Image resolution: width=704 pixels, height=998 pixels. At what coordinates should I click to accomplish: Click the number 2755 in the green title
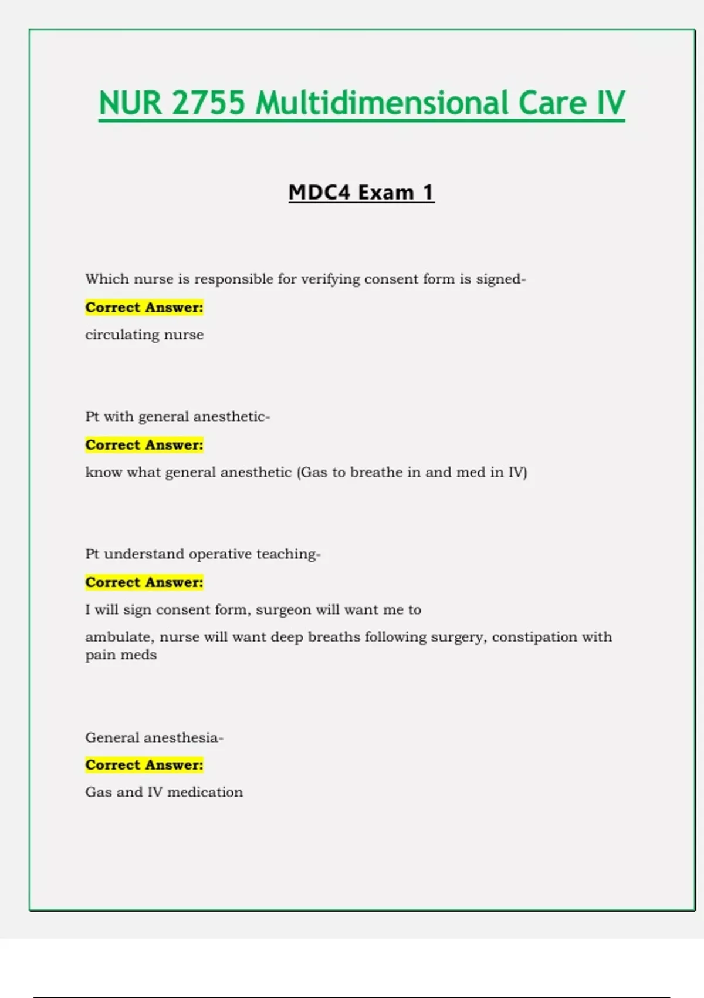(x=208, y=103)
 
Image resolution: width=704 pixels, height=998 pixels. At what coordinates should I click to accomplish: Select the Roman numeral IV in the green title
(x=611, y=103)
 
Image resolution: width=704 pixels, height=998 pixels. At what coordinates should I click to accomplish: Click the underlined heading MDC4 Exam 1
(x=361, y=193)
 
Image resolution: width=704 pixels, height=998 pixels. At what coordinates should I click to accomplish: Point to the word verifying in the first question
(x=330, y=279)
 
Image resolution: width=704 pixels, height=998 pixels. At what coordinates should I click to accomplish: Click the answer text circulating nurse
(x=144, y=335)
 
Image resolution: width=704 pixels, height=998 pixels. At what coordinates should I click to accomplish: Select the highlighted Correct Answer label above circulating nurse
(x=144, y=307)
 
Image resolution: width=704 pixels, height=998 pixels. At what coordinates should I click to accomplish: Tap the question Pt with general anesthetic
(x=177, y=416)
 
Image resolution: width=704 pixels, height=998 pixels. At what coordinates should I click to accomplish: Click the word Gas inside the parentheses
(x=314, y=472)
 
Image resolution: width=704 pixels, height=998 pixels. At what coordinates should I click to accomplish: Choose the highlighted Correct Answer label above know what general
(x=144, y=445)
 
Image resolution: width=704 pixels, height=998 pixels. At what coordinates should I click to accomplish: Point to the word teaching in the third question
(x=287, y=554)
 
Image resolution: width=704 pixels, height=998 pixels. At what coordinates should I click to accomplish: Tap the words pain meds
(x=121, y=655)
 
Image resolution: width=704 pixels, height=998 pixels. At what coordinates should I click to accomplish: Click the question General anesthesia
(x=154, y=737)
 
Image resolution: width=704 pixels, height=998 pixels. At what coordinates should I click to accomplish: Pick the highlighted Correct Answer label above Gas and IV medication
(x=144, y=765)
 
